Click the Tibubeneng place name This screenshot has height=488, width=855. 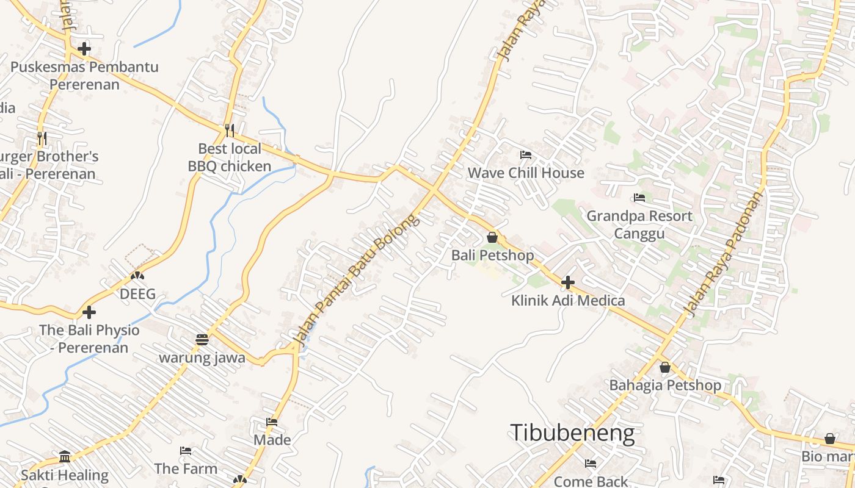(572, 432)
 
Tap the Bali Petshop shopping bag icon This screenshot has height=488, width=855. (492, 237)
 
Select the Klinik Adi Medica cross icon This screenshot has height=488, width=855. (568, 282)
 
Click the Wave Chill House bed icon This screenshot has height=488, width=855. (526, 154)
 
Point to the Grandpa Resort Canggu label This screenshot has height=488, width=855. (639, 224)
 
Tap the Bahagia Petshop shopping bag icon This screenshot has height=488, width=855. (665, 367)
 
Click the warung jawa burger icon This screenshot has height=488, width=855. (202, 339)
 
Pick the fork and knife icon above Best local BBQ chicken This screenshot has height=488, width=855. (230, 130)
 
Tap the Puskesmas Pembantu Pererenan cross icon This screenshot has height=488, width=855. (84, 48)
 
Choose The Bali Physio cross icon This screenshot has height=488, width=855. (89, 312)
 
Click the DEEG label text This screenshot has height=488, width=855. (137, 294)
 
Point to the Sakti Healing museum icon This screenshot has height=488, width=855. (65, 456)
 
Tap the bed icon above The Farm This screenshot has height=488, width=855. (186, 451)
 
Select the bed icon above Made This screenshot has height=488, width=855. (272, 422)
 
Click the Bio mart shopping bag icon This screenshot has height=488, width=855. (830, 438)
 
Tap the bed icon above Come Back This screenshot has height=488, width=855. (591, 464)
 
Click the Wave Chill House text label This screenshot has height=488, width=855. (526, 173)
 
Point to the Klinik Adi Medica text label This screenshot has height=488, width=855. (568, 300)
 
